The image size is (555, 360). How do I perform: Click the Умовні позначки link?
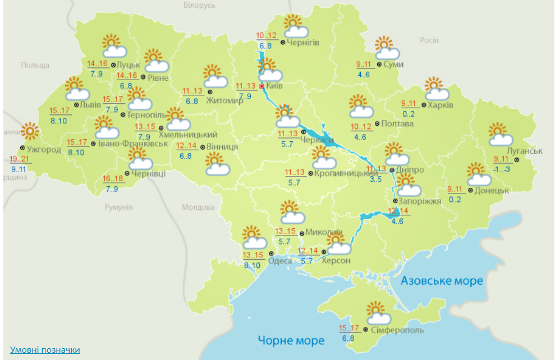(45, 350)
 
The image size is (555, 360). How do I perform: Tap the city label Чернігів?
(304, 43)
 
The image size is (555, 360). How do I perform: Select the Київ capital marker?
(262, 86)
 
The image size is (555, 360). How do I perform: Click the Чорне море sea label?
(291, 340)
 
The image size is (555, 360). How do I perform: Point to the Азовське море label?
(442, 281)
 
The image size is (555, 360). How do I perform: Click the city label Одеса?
(280, 261)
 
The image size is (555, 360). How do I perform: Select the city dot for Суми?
(379, 64)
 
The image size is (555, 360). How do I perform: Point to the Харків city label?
(441, 104)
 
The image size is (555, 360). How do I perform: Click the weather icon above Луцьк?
(113, 46)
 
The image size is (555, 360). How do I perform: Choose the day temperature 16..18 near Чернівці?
(113, 179)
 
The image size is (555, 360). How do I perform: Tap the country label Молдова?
(198, 207)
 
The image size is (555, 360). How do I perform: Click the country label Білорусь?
(199, 5)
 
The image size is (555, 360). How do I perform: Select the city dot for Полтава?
(377, 123)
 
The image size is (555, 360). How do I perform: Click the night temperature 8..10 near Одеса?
(253, 265)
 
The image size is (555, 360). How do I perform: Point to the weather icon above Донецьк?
(478, 174)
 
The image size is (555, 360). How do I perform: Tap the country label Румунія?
(118, 207)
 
